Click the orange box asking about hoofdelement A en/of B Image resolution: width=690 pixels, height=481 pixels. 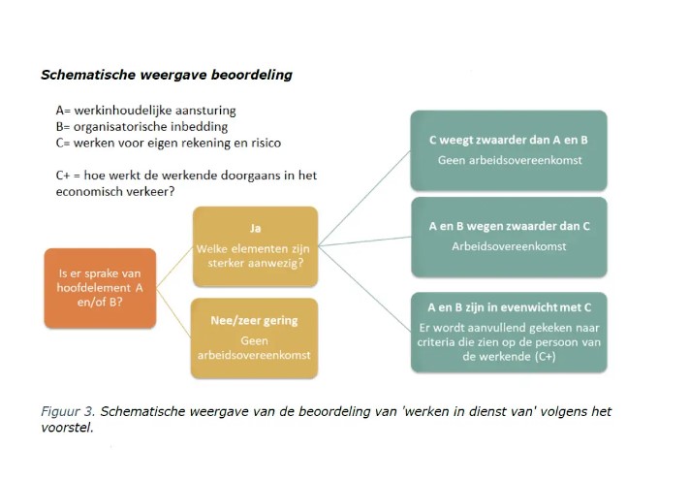pyautogui.click(x=100, y=288)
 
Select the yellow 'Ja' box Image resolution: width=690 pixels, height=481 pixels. pyautogui.click(x=255, y=246)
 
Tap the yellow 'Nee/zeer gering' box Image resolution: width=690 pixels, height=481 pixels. pyautogui.click(x=254, y=338)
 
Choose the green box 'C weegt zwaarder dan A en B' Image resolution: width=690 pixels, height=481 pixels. pyautogui.click(x=509, y=150)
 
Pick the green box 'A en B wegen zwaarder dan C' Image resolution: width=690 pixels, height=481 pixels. pyautogui.click(x=509, y=237)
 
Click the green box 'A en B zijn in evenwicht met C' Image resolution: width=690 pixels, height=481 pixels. pyautogui.click(x=509, y=332)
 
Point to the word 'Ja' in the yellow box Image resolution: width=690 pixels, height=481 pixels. pyautogui.click(x=255, y=228)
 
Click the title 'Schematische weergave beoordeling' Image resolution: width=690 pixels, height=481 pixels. pyautogui.click(x=167, y=75)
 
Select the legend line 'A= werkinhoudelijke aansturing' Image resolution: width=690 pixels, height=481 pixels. pyautogui.click(x=145, y=111)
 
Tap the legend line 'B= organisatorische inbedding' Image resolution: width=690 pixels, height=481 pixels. pyautogui.click(x=141, y=127)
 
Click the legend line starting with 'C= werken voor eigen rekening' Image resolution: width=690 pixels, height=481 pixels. pyautogui.click(x=168, y=144)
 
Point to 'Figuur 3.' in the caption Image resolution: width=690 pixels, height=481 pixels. pyautogui.click(x=68, y=411)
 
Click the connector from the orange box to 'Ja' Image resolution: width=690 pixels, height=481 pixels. pyautogui.click(x=174, y=268)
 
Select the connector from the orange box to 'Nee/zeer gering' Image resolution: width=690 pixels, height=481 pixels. pyautogui.click(x=173, y=313)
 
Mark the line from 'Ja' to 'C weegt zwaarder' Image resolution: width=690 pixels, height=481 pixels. pyautogui.click(x=364, y=198)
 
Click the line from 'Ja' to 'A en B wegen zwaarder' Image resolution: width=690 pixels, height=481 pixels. pyautogui.click(x=364, y=241)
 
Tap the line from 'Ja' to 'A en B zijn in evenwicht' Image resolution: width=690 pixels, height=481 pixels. pyautogui.click(x=364, y=289)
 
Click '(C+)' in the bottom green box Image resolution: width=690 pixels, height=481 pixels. pyautogui.click(x=546, y=356)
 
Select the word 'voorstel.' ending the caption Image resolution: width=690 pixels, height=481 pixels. pyautogui.click(x=67, y=428)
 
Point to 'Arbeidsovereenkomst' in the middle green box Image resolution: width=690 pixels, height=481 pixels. pyautogui.click(x=509, y=246)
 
